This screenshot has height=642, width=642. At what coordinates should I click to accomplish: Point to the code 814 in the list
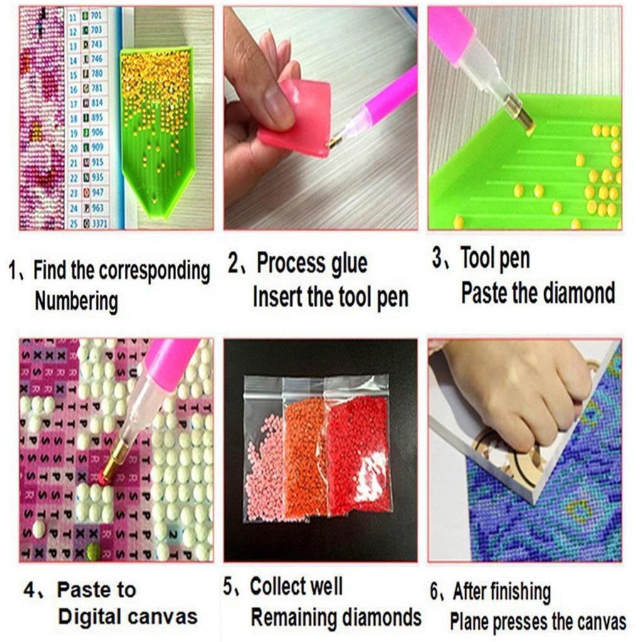[97, 103]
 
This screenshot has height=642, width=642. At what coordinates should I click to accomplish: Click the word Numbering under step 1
[76, 302]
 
